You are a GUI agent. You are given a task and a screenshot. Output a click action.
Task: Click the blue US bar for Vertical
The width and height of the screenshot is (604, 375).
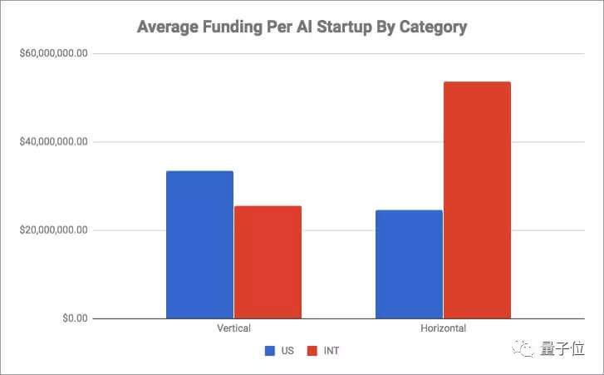199,244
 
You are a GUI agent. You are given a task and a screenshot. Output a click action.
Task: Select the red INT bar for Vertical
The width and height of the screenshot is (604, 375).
268,262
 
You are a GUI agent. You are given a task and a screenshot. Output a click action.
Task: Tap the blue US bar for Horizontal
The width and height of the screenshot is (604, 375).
409,264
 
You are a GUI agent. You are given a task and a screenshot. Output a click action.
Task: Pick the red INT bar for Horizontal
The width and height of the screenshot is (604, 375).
477,200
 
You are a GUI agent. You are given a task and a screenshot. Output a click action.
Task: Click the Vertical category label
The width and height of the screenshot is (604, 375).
233,328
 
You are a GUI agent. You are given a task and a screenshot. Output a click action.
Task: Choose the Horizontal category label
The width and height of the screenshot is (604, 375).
443,328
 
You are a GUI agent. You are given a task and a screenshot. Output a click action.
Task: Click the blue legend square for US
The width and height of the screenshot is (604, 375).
270,351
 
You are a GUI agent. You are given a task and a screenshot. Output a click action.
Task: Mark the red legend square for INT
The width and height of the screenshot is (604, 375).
313,351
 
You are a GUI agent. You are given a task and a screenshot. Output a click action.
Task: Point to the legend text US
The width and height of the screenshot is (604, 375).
287,351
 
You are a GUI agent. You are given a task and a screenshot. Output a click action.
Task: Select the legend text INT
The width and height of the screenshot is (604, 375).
331,351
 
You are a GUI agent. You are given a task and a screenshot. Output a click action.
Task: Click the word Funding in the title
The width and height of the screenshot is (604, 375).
233,27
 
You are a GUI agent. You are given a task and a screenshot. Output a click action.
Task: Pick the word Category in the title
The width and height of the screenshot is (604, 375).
433,27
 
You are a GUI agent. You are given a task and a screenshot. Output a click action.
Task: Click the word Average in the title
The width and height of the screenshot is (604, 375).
169,27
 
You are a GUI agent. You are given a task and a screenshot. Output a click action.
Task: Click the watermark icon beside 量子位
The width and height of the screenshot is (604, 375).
526,351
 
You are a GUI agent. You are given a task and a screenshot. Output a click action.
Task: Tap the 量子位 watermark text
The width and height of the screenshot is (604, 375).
562,351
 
